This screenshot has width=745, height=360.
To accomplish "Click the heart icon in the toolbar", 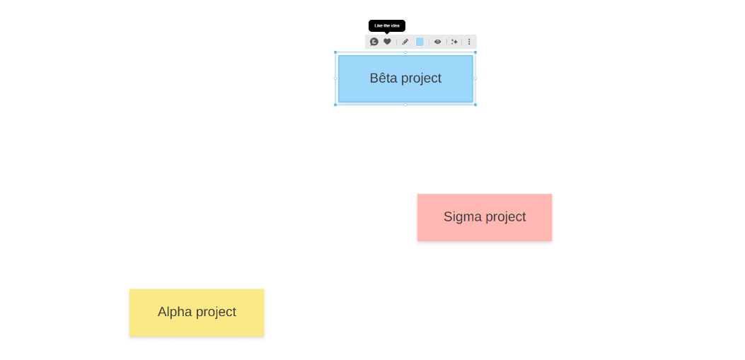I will click(387, 42).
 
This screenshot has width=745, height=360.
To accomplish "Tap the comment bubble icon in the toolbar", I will click(374, 42).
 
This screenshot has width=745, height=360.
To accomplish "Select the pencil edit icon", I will click(405, 42).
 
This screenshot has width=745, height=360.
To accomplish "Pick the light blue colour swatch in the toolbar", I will click(420, 42).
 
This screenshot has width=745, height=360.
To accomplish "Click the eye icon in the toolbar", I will click(437, 42).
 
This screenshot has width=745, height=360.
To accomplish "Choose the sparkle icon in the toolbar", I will click(454, 42).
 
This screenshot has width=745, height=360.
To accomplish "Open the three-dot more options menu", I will click(469, 42).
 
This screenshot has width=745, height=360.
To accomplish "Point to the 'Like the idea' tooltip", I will click(387, 25).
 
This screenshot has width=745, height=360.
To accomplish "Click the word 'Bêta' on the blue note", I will click(383, 78).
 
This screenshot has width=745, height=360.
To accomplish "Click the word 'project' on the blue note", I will click(421, 79).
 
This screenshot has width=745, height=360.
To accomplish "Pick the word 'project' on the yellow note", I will click(214, 313).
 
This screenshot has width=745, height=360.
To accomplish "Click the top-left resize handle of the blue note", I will click(335, 52).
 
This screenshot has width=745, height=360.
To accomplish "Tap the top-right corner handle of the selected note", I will click(475, 52).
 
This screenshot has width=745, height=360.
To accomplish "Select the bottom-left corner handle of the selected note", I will click(335, 105).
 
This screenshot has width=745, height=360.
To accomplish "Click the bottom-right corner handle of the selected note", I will click(475, 105).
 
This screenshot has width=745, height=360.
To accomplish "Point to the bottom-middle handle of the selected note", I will click(405, 105).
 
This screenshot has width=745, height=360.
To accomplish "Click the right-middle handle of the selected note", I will click(475, 79).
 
